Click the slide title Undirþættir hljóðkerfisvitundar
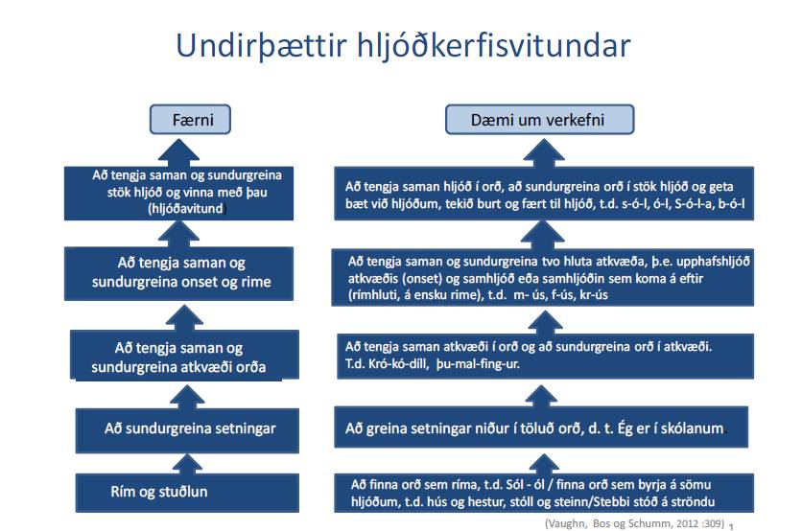403,46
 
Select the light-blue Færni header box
190,120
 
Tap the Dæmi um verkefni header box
539,120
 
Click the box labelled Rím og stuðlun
187,493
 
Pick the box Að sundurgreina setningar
187,430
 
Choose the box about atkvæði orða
184,356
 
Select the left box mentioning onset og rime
179,273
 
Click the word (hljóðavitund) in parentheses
187,209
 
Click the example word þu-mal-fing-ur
477,364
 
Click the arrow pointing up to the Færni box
179,152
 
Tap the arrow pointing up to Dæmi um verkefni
544,152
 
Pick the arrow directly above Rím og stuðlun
187,465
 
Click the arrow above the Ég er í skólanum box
541,397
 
